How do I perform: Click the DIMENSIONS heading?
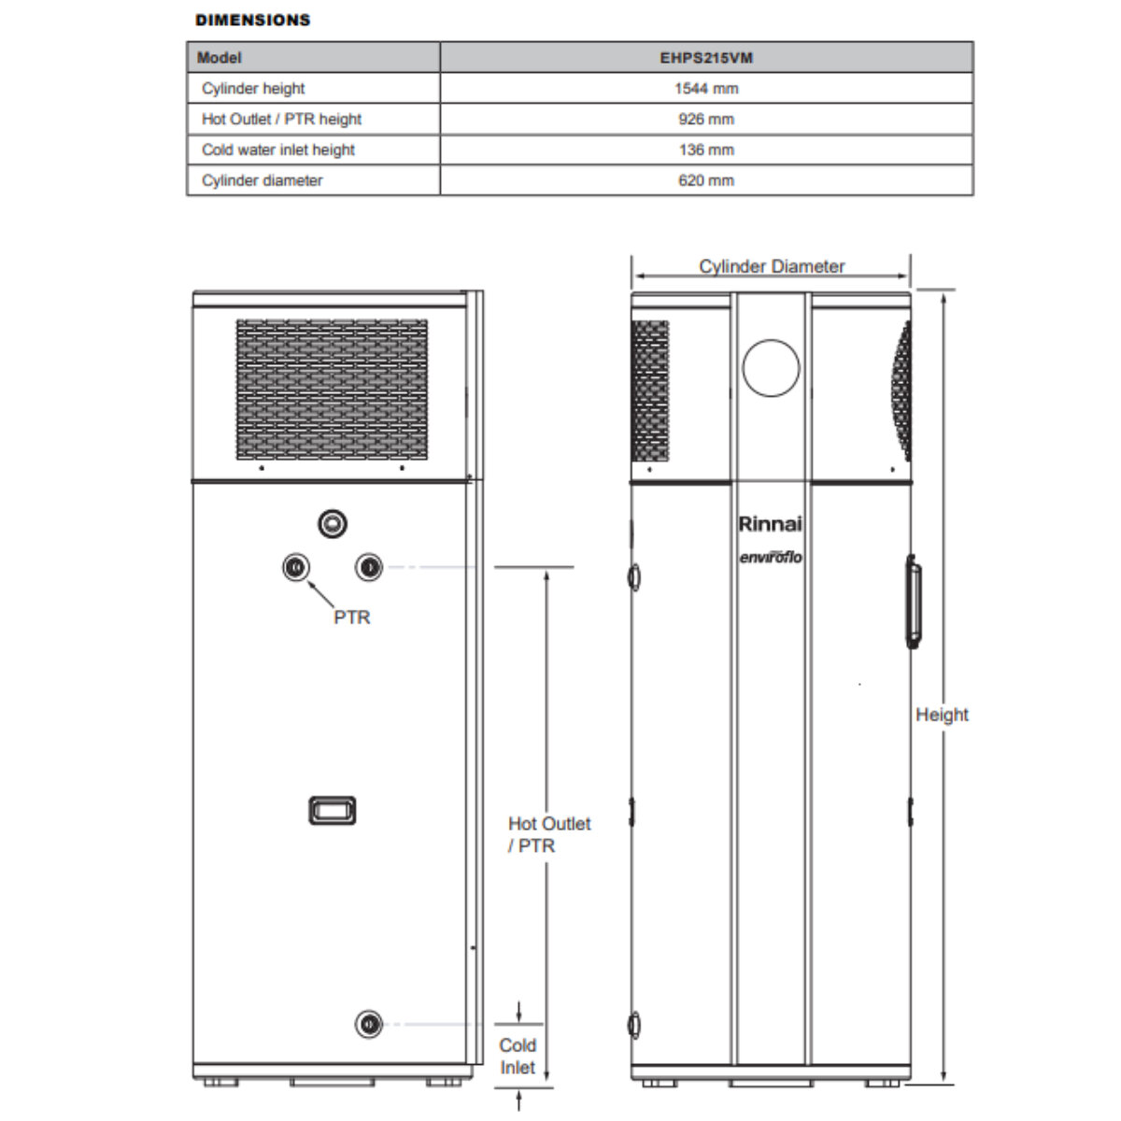[x=252, y=20]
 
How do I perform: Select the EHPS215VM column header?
[x=705, y=58]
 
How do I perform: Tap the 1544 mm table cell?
[x=705, y=89]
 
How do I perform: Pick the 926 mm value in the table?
[x=705, y=120]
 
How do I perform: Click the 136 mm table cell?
[x=705, y=150]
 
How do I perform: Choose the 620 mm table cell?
[x=705, y=181]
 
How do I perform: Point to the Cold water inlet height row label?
[x=278, y=150]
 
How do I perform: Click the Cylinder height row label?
[x=253, y=89]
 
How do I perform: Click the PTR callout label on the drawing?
[x=351, y=617]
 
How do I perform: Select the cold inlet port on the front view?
[x=369, y=1024]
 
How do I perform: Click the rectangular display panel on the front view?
[x=332, y=810]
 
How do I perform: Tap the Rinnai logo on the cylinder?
[x=770, y=524]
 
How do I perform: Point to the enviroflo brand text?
[x=770, y=558]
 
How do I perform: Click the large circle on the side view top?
[x=772, y=367]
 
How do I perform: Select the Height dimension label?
[x=942, y=715]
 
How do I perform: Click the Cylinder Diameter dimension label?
[x=772, y=266]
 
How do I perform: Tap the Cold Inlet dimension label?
[x=518, y=1057]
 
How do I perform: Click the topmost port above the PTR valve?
[x=332, y=524]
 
